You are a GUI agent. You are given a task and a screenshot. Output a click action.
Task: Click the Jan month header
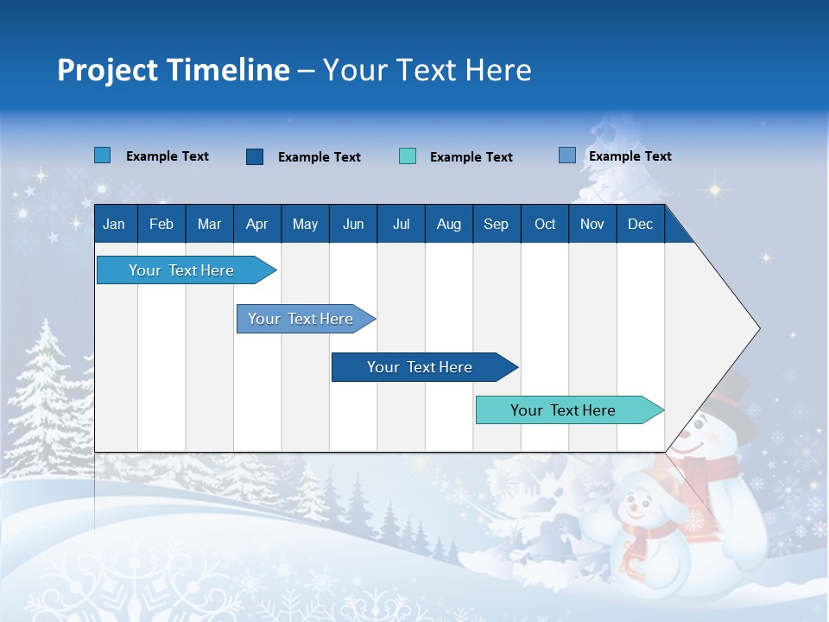(x=114, y=225)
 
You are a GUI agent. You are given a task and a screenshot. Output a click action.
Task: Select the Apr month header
(x=256, y=225)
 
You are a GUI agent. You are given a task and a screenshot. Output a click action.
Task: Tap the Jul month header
(x=401, y=225)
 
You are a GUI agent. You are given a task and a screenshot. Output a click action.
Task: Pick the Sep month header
(x=496, y=225)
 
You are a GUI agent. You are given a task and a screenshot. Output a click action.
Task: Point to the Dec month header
(x=640, y=225)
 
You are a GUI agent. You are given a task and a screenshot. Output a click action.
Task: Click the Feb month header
(x=161, y=225)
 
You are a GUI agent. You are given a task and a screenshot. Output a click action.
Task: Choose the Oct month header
(x=545, y=225)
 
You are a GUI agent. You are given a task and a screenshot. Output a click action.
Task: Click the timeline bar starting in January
(x=181, y=270)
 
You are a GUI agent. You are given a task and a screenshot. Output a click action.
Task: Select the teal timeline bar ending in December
(x=563, y=410)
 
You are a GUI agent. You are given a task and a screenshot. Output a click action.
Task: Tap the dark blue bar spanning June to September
(x=420, y=367)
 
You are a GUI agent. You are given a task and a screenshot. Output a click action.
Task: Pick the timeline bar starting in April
(x=301, y=319)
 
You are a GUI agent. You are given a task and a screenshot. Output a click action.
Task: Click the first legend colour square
(x=103, y=155)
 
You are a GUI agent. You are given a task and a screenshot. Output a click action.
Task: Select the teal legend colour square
(x=408, y=156)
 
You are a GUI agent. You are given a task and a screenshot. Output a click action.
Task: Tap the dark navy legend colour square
(x=255, y=156)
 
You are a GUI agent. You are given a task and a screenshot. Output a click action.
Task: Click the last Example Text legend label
(x=630, y=156)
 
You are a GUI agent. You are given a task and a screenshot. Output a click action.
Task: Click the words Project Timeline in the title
(x=174, y=70)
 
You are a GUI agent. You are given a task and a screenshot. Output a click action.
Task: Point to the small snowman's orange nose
(x=638, y=510)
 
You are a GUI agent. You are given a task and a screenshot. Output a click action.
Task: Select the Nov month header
(x=592, y=225)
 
